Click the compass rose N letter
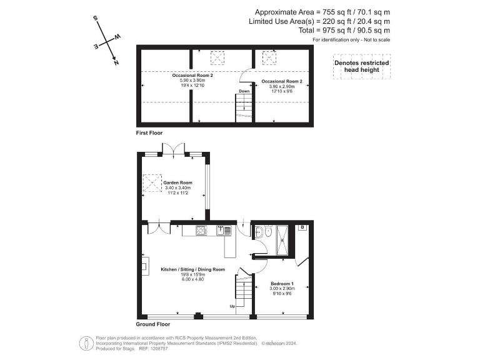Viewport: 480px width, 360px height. [116, 62]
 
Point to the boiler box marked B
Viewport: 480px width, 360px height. [302, 228]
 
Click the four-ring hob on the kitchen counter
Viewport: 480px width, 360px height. [201, 231]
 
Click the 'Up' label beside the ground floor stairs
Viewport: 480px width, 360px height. [232, 306]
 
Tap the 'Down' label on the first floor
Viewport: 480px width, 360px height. [244, 91]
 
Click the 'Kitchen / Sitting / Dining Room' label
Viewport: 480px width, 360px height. [192, 269]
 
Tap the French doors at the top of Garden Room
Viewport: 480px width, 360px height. [173, 150]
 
